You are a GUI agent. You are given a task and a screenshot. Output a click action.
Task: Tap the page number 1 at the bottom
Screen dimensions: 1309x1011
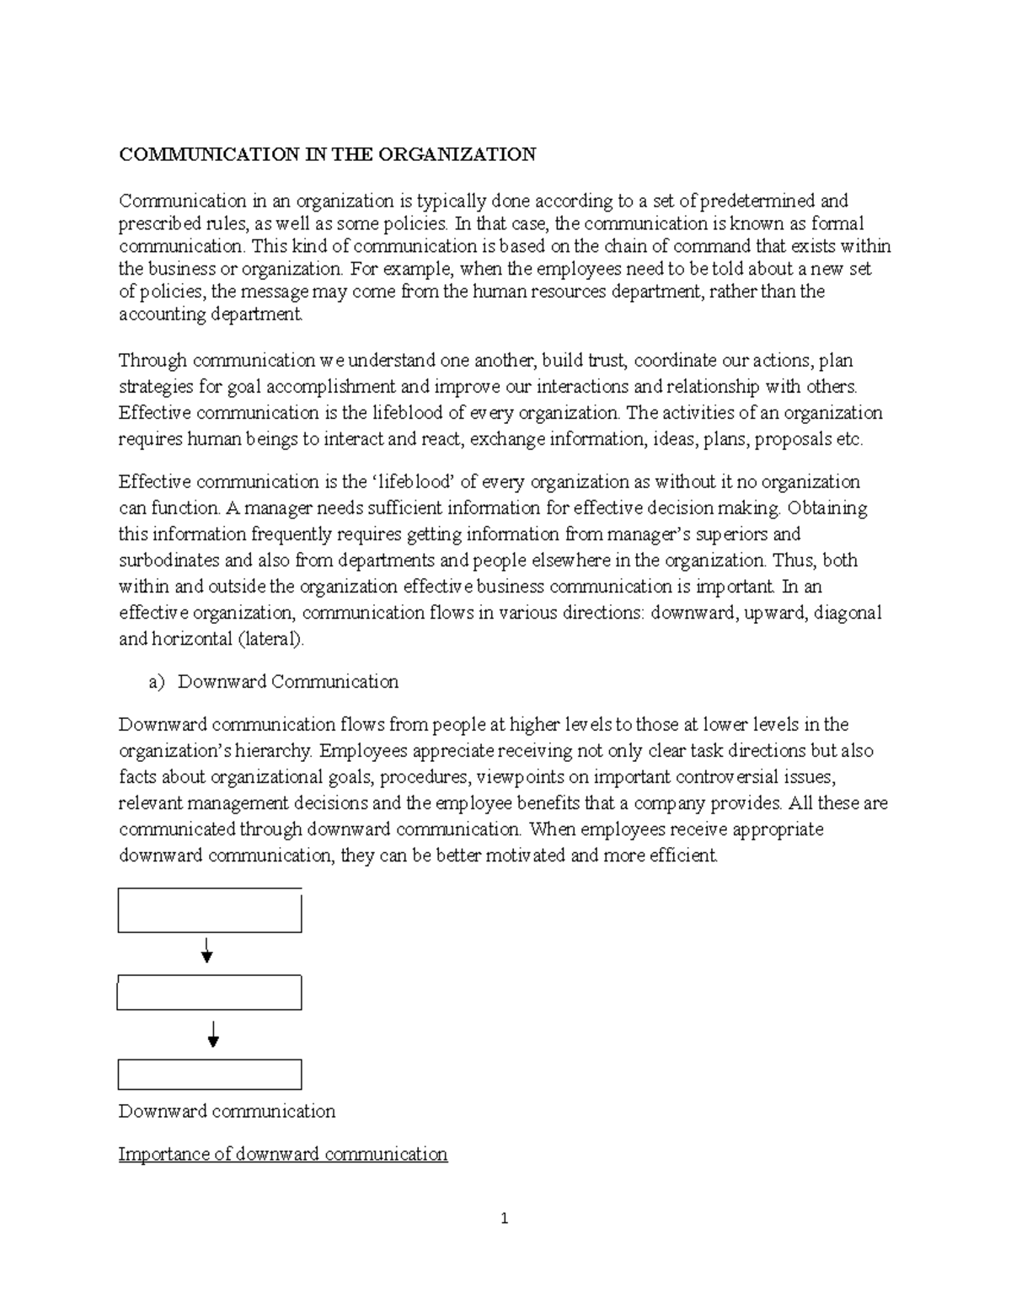[x=504, y=1218]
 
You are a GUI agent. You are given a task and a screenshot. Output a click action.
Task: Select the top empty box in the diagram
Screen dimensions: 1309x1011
[x=210, y=910]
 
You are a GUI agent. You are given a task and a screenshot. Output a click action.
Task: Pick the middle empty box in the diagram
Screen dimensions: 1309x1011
[x=210, y=993]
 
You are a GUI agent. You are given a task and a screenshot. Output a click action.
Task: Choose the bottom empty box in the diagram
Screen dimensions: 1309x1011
[x=210, y=1075]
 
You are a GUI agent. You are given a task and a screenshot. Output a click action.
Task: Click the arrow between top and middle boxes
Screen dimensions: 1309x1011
[x=206, y=952]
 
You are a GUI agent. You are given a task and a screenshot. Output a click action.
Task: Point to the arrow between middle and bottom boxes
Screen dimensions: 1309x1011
[x=213, y=1034]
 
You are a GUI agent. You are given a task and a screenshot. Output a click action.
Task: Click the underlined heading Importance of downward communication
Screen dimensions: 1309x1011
[x=283, y=1154]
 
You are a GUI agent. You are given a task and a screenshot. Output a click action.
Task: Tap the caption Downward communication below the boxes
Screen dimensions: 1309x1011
[x=227, y=1111]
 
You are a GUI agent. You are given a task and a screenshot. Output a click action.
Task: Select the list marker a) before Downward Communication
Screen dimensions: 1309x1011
[x=157, y=682]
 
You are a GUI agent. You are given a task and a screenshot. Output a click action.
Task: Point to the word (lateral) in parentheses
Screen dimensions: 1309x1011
[x=270, y=639]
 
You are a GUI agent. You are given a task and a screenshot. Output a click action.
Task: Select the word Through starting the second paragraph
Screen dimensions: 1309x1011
[x=153, y=361]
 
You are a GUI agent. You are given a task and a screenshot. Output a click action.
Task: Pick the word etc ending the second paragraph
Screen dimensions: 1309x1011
[x=847, y=439]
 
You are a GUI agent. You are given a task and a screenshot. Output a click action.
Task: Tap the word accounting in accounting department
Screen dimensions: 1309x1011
[x=160, y=314]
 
